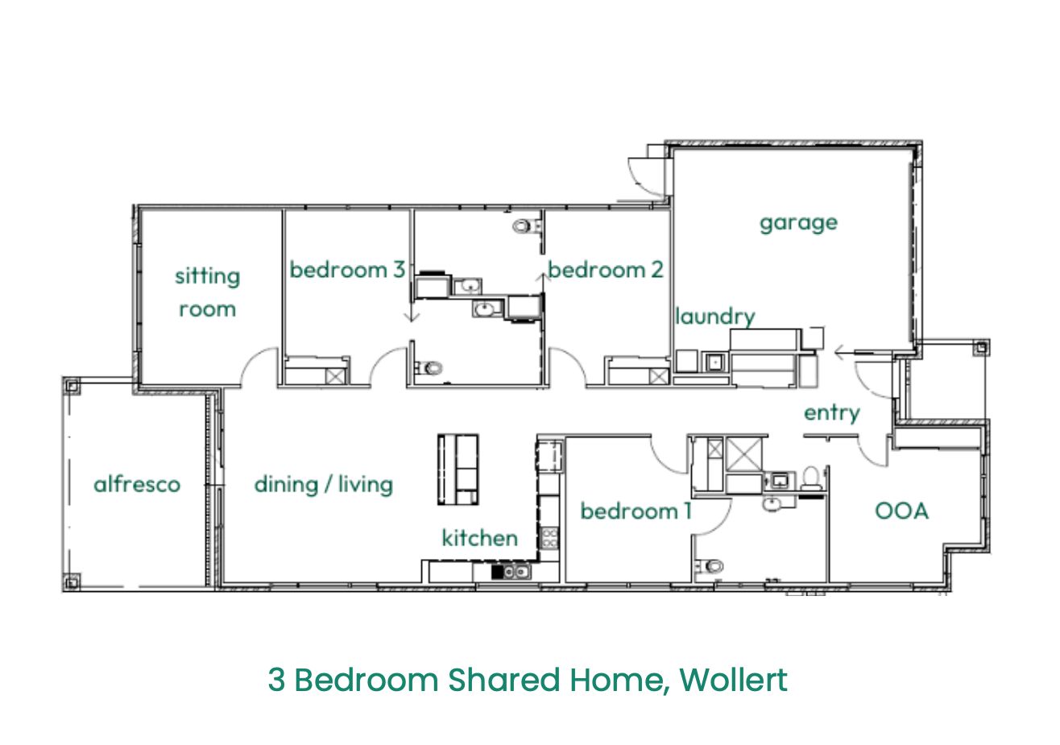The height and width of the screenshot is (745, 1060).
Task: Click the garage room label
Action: [798, 223]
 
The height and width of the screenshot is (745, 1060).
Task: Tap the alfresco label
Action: [137, 484]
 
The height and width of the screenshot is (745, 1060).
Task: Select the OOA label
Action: [901, 511]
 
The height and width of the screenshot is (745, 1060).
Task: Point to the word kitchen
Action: [480, 538]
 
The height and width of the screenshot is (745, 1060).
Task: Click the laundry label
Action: [715, 317]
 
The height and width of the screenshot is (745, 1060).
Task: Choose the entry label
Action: [832, 414]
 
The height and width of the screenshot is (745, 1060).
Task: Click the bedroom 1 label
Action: [636, 511]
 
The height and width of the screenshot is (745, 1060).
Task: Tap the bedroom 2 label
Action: [606, 270]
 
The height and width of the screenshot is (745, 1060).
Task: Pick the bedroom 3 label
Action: [347, 270]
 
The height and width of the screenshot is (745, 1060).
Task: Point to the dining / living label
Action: [324, 485]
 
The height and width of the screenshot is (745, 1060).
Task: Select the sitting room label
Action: [207, 293]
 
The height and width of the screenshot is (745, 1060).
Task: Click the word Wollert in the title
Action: [734, 680]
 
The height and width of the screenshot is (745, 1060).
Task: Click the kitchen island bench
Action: [458, 470]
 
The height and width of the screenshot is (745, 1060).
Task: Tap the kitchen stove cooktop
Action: [549, 538]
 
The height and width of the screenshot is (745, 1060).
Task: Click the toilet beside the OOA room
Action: [812, 478]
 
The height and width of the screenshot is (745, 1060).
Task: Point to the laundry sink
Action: [714, 362]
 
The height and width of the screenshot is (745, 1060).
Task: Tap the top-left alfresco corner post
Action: [72, 387]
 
